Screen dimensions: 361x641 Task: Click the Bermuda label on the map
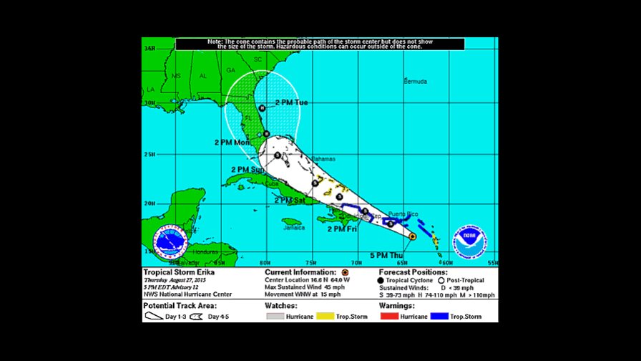(x=415, y=81)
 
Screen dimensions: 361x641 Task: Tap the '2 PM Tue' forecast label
(x=292, y=103)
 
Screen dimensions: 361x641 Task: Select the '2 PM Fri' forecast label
(x=342, y=228)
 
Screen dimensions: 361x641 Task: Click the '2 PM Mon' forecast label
(x=233, y=143)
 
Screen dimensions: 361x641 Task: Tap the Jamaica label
(x=293, y=228)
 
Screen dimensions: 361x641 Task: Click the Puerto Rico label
(x=403, y=214)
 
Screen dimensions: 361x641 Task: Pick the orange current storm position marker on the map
(x=413, y=236)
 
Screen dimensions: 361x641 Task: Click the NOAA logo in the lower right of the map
(x=470, y=243)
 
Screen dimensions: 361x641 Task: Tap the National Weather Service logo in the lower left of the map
(x=171, y=244)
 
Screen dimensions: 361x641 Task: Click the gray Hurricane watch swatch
(x=275, y=316)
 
